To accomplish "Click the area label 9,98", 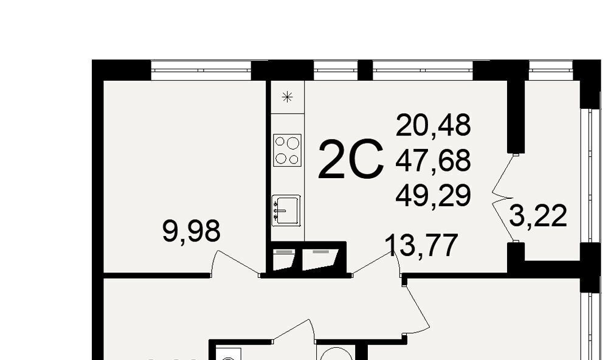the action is click(x=191, y=231).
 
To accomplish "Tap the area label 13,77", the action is click(x=421, y=245).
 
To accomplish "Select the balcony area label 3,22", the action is click(x=538, y=216).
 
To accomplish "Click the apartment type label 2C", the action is click(x=351, y=159).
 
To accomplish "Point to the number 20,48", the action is click(x=433, y=125).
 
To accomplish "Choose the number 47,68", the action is click(x=433, y=160).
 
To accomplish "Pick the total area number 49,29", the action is click(x=433, y=195).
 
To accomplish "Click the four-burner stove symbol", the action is click(x=288, y=150).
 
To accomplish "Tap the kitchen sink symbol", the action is click(x=286, y=210).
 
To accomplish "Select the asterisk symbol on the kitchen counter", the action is click(x=287, y=97).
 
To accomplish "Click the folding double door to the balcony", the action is click(x=505, y=198).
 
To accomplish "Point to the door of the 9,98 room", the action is click(x=235, y=264).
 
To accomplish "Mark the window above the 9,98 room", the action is click(x=201, y=71).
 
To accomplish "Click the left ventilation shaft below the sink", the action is click(x=284, y=260).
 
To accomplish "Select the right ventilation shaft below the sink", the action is click(x=320, y=260).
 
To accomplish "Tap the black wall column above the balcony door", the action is click(x=516, y=116).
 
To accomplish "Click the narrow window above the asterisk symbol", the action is click(x=336, y=71).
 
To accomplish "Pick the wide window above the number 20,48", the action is click(x=423, y=71).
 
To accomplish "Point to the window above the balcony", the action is click(x=551, y=71).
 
